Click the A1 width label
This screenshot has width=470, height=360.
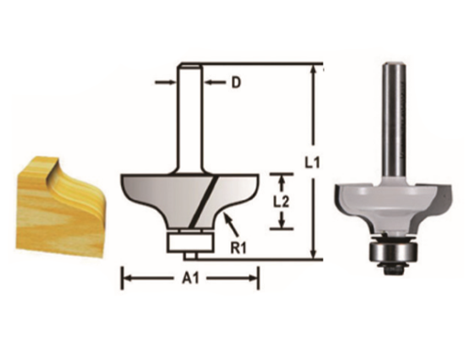coord(189,277)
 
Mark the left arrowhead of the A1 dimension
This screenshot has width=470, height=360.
coord(125,277)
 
